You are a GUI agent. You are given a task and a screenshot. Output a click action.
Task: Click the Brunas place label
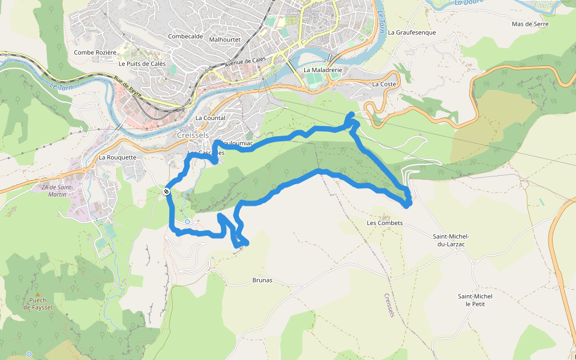[x=262, y=280]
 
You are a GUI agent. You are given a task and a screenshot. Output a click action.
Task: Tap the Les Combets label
[x=385, y=223]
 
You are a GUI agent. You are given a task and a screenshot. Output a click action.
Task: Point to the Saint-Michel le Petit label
[x=475, y=300]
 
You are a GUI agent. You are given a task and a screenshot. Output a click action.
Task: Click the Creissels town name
[x=193, y=135]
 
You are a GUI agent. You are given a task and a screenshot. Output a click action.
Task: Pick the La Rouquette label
[x=118, y=158]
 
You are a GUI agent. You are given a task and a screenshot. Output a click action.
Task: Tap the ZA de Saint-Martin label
[x=57, y=191]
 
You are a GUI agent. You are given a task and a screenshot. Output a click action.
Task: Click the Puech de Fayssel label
[x=38, y=304]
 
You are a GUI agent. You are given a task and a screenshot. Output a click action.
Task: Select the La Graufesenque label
[x=412, y=32]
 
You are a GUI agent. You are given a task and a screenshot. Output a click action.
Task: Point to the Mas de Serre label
[x=530, y=24]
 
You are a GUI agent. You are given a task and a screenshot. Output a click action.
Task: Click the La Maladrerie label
[x=323, y=70]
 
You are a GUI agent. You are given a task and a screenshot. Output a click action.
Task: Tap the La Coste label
[x=384, y=84]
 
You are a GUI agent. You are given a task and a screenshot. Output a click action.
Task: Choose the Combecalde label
[x=185, y=36]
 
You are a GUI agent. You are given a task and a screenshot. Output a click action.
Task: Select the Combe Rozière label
[x=95, y=53]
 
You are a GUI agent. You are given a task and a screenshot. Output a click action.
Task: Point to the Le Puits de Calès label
[x=142, y=63]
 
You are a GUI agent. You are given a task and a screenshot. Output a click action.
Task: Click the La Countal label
[x=210, y=118]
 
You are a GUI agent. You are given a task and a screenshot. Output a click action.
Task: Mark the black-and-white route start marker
[x=166, y=191]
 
